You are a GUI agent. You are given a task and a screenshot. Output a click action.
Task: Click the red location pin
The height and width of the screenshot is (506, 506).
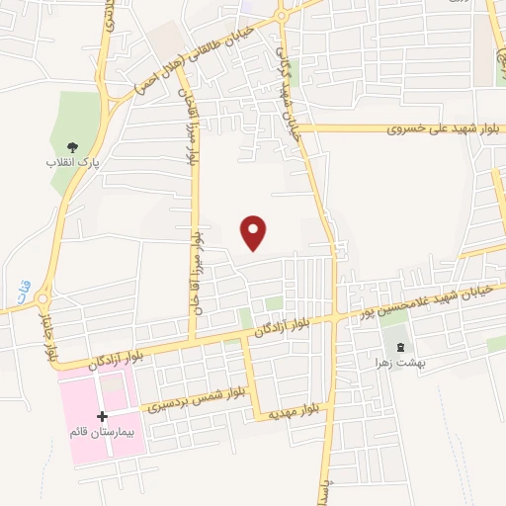click(255, 232)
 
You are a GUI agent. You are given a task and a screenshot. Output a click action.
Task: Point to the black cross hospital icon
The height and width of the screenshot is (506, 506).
click(102, 417)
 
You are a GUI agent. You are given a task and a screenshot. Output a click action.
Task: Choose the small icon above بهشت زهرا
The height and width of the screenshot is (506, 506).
click(400, 346)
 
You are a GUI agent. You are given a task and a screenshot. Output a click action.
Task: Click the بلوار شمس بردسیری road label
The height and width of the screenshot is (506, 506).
click(196, 402)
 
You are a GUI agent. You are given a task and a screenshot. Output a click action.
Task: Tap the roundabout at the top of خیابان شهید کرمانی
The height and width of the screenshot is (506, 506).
click(284, 14)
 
